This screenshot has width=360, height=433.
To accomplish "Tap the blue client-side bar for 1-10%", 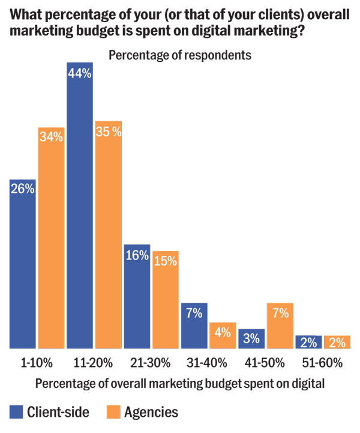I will [22, 264].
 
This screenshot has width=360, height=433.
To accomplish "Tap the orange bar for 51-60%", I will [337, 342].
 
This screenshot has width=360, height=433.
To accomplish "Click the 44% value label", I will [80, 74].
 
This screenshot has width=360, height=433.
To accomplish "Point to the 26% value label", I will [22, 189].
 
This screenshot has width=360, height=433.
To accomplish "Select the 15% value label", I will [165, 261].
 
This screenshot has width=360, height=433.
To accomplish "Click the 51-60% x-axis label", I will [325, 363].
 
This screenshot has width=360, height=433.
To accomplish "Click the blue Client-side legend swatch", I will [16, 412].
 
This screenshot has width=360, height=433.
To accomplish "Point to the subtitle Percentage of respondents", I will [179, 55].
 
